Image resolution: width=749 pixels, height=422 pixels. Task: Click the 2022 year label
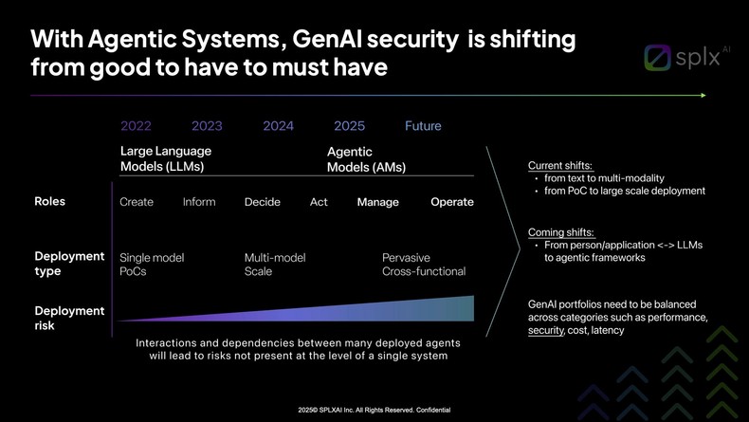pos(136,126)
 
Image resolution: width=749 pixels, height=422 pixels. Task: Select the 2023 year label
pos(207,126)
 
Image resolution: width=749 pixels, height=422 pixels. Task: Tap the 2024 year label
pos(278,126)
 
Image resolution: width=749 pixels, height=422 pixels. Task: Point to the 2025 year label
pos(349,126)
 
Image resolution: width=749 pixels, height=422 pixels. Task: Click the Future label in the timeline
pos(423,126)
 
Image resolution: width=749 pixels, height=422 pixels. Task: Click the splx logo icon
pos(658,58)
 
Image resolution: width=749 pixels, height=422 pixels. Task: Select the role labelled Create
pos(137,202)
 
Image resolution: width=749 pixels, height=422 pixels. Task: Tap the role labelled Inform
pos(199,202)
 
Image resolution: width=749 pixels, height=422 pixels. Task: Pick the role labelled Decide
pos(263,202)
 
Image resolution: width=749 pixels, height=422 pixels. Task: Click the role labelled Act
pos(319,202)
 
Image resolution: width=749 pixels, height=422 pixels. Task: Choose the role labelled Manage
pos(377,202)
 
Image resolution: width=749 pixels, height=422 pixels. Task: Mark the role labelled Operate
pos(452,202)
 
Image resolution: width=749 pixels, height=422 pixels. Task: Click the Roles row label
pos(49,201)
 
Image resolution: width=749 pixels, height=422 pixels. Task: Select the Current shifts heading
pos(560,166)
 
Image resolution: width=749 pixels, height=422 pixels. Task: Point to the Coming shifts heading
pos(561,232)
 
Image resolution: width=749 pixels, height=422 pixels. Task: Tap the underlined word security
pos(545,330)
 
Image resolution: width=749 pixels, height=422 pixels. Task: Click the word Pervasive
pos(406,258)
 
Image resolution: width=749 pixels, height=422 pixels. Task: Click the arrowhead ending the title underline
pos(703,95)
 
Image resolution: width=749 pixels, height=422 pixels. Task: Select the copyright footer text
pos(374,410)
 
